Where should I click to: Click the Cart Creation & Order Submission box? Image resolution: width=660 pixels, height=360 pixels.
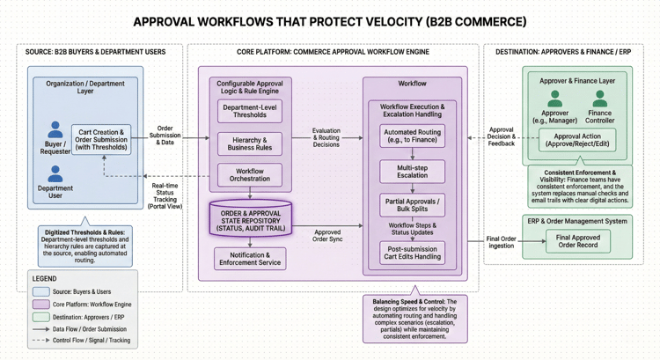coord(100,140)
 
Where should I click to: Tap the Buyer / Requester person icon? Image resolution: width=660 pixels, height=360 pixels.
coord(55,129)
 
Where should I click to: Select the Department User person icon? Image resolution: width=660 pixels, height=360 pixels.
coord(55,173)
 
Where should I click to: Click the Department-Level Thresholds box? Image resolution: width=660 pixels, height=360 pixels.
coord(250,110)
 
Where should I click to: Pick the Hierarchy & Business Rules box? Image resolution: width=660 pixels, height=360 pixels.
coord(250,143)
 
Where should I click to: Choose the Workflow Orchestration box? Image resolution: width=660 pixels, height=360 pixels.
coord(250,174)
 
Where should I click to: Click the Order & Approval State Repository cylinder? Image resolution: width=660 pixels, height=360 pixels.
coord(250,218)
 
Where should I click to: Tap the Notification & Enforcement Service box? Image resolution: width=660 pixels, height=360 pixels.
coord(250,258)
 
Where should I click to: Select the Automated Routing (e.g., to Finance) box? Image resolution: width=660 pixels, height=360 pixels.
coord(412,136)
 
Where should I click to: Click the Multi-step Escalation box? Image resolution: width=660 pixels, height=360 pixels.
coord(412,171)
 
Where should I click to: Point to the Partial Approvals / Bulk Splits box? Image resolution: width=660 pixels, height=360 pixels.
coord(412,205)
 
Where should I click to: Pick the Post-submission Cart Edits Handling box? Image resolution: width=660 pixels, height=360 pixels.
coord(412,253)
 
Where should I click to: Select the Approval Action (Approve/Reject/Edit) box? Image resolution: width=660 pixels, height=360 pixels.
coord(577,139)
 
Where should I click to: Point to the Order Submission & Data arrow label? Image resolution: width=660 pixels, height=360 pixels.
coord(165,134)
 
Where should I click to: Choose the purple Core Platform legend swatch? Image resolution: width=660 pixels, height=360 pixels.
coord(40,304)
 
